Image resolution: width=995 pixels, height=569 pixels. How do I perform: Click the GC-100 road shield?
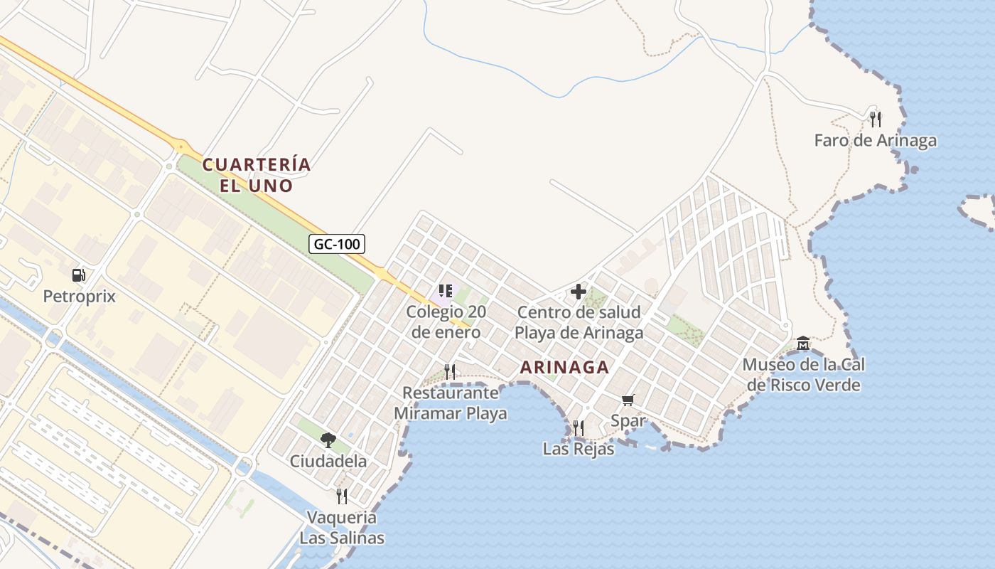(338, 244)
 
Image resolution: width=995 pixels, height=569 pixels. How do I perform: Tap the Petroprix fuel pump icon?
(79, 275)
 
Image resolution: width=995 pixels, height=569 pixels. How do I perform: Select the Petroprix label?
(79, 296)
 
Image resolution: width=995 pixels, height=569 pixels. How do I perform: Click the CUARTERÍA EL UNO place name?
(257, 175)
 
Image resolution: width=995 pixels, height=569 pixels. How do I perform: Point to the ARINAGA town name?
(564, 367)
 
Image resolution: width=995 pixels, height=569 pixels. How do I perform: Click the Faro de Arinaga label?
(875, 140)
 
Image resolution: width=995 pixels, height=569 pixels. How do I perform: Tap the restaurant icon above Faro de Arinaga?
(876, 118)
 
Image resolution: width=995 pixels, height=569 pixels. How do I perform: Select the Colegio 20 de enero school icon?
(446, 290)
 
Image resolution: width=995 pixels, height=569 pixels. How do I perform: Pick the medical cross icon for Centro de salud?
(579, 291)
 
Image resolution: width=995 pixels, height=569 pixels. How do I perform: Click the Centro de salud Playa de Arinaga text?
(579, 321)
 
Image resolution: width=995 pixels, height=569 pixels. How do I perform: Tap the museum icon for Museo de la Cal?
(803, 344)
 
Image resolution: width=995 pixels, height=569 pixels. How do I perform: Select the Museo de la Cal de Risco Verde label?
(803, 375)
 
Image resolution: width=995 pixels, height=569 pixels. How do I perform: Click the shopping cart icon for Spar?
(628, 400)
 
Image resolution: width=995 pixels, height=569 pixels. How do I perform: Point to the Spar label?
(628, 420)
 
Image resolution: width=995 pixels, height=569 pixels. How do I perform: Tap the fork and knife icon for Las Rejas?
(579, 427)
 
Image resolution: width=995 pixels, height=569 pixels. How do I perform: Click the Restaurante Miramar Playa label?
(451, 403)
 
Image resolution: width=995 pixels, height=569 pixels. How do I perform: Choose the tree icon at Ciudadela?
(328, 440)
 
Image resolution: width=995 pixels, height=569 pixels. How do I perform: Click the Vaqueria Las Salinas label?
(342, 527)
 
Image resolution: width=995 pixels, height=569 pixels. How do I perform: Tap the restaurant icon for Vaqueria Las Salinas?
(342, 496)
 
